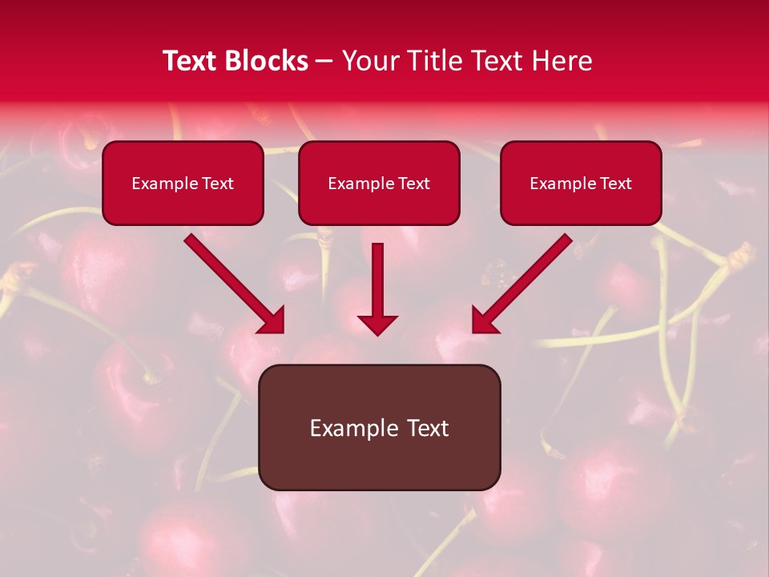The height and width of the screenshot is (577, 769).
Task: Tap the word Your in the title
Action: click(x=370, y=61)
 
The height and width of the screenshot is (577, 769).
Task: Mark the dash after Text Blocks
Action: click(x=324, y=62)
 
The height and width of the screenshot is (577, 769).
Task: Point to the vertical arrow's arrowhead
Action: click(x=377, y=325)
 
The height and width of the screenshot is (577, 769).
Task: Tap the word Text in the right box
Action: click(x=615, y=184)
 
